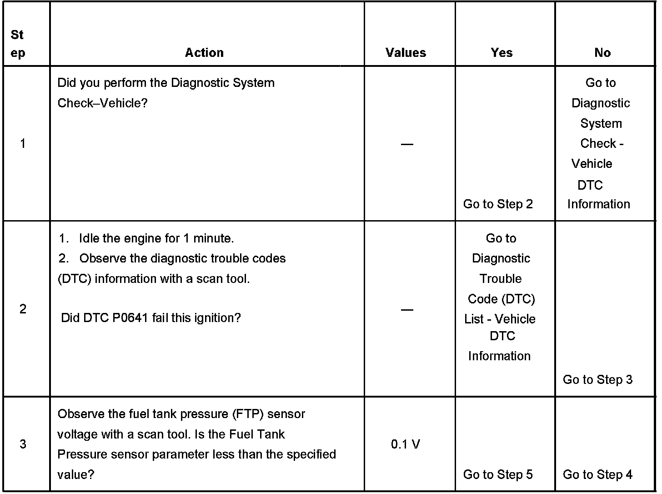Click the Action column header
(204, 53)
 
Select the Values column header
(406, 53)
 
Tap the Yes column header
(502, 53)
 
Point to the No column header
(602, 53)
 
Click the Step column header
(18, 44)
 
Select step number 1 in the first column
(23, 144)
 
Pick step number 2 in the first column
(23, 309)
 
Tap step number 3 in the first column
(23, 444)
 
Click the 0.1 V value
(406, 444)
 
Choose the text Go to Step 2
(498, 204)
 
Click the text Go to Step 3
(597, 380)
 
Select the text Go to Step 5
(498, 474)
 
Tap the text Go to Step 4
(597, 474)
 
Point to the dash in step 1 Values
(407, 144)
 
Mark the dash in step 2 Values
(407, 310)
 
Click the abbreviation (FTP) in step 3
(248, 414)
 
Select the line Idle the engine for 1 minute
(156, 238)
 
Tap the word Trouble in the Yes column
(501, 278)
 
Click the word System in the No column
(601, 123)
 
